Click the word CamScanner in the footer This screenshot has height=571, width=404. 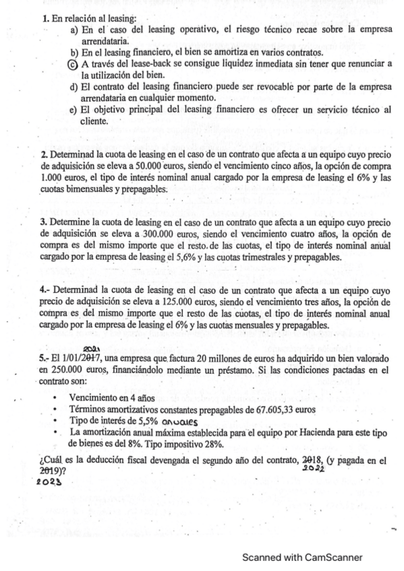point(332,557)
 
